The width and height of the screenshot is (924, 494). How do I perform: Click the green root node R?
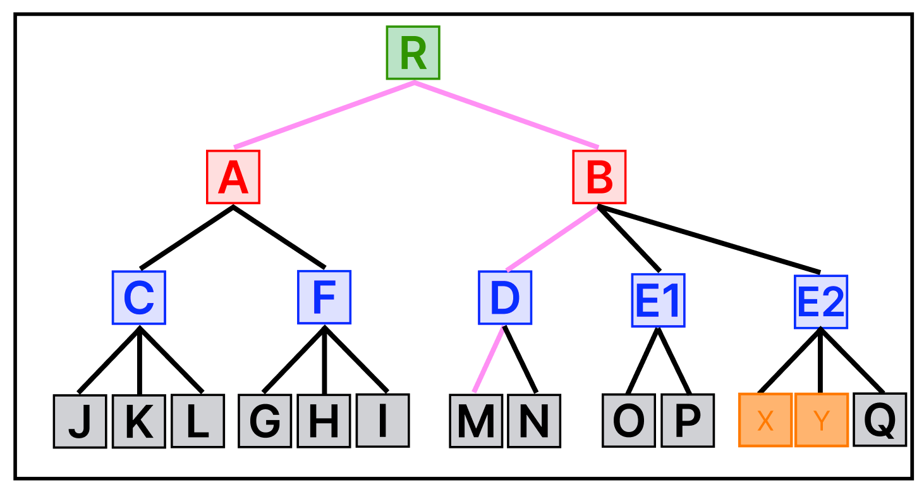pyautogui.click(x=413, y=52)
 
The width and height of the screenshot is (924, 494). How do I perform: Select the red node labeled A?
pyautogui.click(x=233, y=177)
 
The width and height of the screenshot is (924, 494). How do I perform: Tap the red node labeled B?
pyautogui.click(x=599, y=177)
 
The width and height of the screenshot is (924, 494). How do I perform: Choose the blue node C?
pyautogui.click(x=139, y=297)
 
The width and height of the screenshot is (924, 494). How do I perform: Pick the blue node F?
pyautogui.click(x=324, y=297)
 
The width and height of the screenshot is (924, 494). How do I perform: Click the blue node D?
pyautogui.click(x=504, y=297)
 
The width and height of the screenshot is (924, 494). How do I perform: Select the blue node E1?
pyautogui.click(x=658, y=300)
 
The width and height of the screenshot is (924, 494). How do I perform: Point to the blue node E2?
pyautogui.click(x=820, y=302)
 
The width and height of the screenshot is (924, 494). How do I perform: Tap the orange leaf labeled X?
pyautogui.click(x=765, y=421)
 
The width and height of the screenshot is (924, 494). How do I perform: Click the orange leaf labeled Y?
pyautogui.click(x=821, y=421)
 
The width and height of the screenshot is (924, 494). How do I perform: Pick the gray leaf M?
pyautogui.click(x=476, y=421)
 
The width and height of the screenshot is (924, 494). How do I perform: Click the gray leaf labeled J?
pyautogui.click(x=80, y=421)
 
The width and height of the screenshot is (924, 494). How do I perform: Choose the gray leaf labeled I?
pyautogui.click(x=382, y=421)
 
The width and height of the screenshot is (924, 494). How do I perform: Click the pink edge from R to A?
pyautogui.click(x=324, y=115)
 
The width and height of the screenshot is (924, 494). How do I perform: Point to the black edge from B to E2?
pyautogui.click(x=708, y=238)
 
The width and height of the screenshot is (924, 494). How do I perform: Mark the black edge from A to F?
pyautogui.click(x=279, y=237)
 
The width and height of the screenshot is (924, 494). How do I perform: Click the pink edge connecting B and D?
pyautogui.click(x=552, y=238)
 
